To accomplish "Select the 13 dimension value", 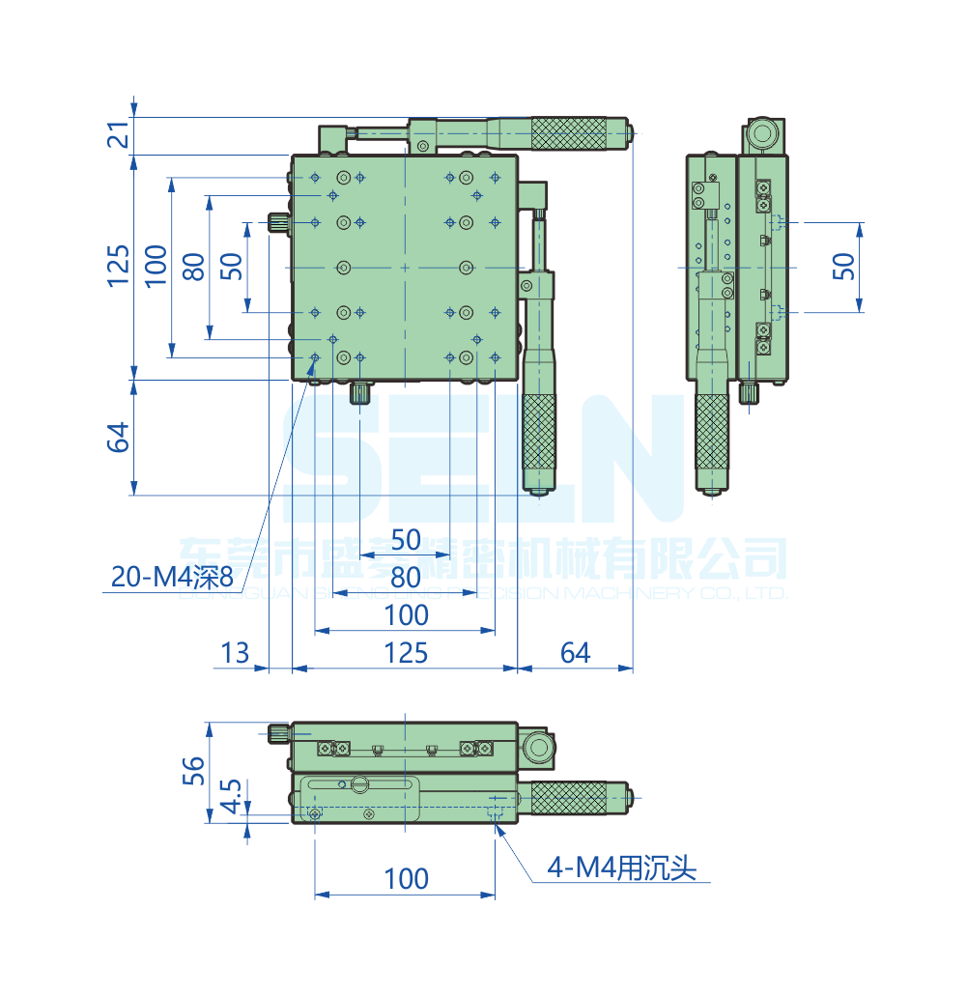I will click(235, 653).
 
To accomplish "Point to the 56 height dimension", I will click(194, 770).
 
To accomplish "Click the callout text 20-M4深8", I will click(172, 577).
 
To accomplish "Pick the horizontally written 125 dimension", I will click(406, 653).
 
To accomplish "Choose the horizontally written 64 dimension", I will click(575, 653).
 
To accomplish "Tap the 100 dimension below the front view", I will click(406, 879).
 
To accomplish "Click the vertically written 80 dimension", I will click(194, 266).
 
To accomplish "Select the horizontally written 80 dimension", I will click(406, 578).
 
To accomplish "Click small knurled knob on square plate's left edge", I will click(278, 224).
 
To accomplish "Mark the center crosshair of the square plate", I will click(405, 267).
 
